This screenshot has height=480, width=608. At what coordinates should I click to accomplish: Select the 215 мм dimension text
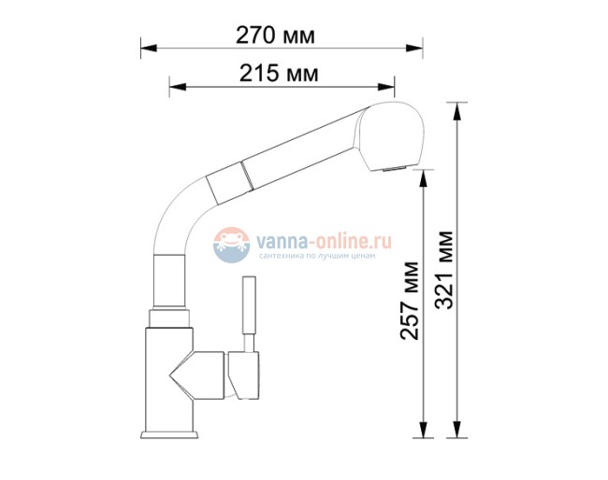pyautogui.click(x=278, y=73)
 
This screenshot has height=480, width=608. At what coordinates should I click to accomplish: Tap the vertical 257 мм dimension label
pyautogui.click(x=409, y=299)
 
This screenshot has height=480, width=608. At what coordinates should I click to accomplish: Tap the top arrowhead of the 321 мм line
pyautogui.click(x=457, y=107)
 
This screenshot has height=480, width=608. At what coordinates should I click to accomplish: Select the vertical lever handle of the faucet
pyautogui.click(x=250, y=308)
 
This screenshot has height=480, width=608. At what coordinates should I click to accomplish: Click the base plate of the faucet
pyautogui.click(x=170, y=435)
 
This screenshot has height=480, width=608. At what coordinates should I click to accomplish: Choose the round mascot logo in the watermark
pyautogui.click(x=232, y=246)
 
